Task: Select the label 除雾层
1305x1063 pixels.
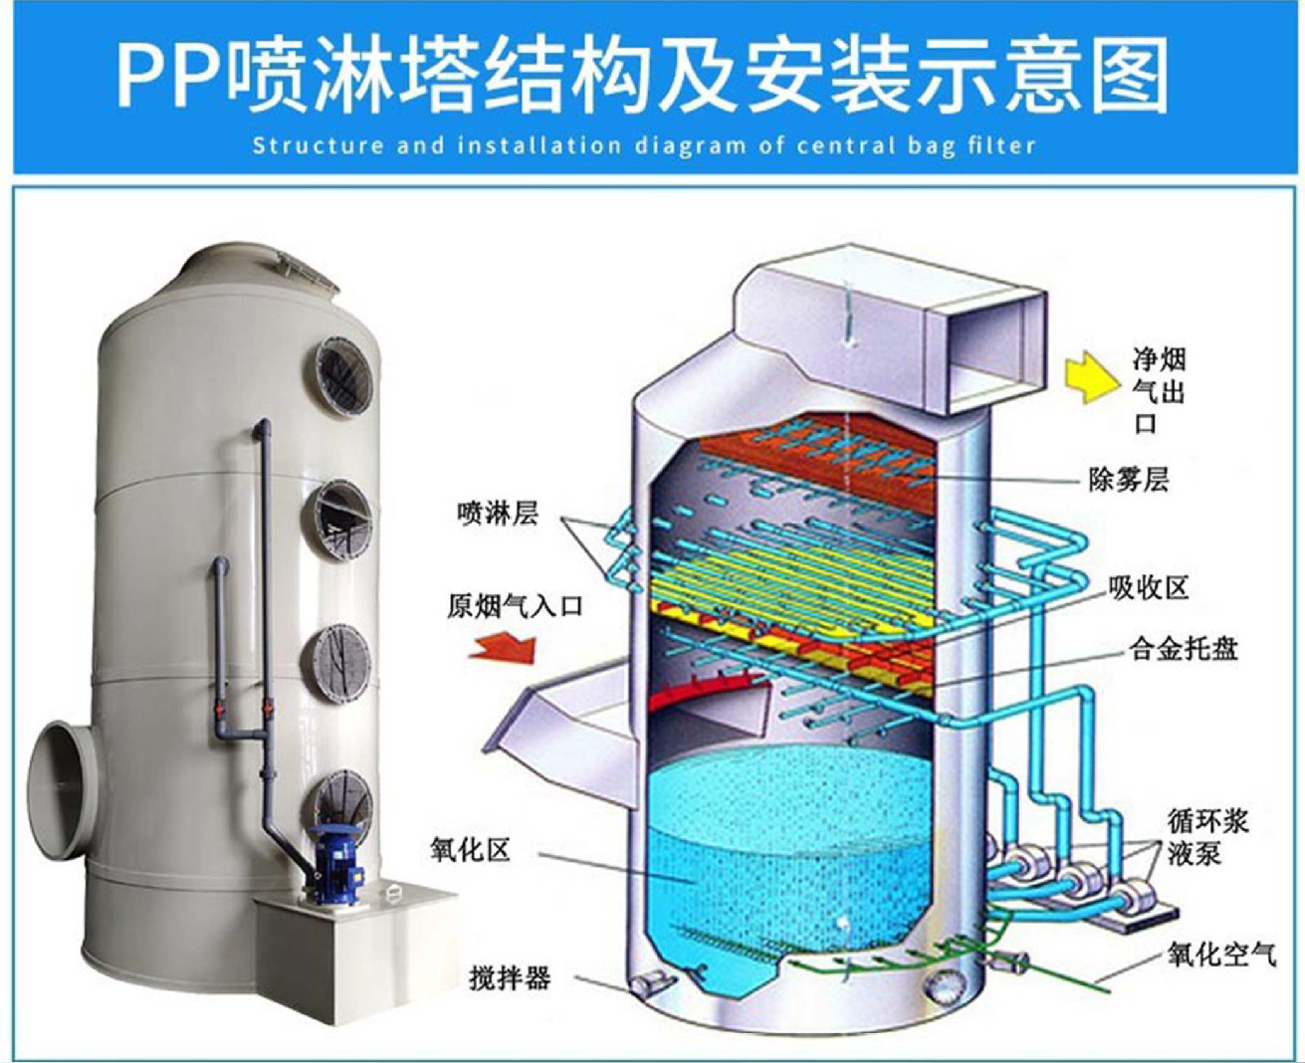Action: (x=1128, y=480)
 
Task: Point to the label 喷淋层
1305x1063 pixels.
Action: (x=498, y=514)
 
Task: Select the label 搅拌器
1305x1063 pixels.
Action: (x=510, y=977)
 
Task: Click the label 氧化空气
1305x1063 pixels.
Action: (x=1220, y=956)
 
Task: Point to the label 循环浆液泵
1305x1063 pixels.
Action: (x=1207, y=837)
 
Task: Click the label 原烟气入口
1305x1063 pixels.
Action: (x=514, y=606)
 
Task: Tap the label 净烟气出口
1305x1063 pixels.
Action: (x=1159, y=391)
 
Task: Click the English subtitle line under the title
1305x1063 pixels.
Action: (x=643, y=146)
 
